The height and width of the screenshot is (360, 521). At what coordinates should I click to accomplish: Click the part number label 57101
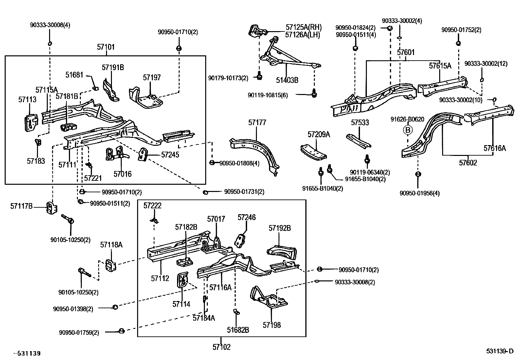(x=106, y=47)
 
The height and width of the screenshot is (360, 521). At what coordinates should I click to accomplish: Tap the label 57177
(x=257, y=123)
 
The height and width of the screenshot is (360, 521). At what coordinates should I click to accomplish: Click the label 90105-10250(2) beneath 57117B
(x=70, y=240)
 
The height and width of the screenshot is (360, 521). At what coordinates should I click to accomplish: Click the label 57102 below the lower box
(x=222, y=347)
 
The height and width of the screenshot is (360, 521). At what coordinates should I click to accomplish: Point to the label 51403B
(x=287, y=80)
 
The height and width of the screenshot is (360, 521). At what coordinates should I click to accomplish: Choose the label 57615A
(x=440, y=66)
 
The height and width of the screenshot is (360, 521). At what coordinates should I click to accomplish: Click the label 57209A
(x=319, y=134)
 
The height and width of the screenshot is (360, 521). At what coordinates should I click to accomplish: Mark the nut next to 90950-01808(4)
(x=212, y=162)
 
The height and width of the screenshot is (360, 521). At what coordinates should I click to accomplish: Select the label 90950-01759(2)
(x=79, y=332)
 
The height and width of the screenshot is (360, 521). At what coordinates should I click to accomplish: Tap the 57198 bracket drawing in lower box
(x=269, y=298)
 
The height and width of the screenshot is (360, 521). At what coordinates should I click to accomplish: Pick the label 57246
(x=246, y=218)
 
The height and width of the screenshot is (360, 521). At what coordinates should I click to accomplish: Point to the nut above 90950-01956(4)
(x=418, y=174)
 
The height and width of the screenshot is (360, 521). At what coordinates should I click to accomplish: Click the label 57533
(x=360, y=123)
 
